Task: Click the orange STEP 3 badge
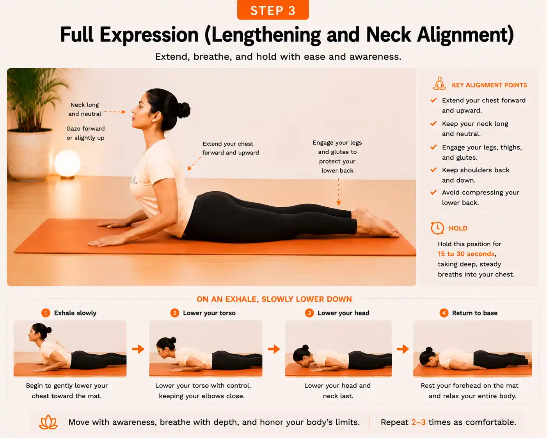click(273, 10)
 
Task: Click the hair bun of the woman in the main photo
click(183, 110)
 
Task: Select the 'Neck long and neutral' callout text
click(85, 109)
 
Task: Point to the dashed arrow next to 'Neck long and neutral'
click(115, 112)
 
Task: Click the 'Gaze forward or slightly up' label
click(85, 133)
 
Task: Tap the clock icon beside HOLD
click(437, 228)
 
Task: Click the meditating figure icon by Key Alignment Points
click(439, 84)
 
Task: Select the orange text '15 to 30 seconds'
click(466, 254)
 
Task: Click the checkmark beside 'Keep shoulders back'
click(433, 170)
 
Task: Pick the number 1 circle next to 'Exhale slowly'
click(46, 313)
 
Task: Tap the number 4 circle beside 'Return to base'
click(444, 313)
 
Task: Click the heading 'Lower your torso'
click(209, 313)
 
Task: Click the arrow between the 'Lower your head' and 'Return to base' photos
click(403, 349)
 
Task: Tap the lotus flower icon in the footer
click(48, 422)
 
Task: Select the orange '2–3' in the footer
click(418, 422)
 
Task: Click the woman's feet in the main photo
click(376, 223)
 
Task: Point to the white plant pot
click(29, 155)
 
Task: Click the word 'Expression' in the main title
click(149, 35)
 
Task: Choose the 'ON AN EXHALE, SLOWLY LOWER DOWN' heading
click(274, 299)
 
